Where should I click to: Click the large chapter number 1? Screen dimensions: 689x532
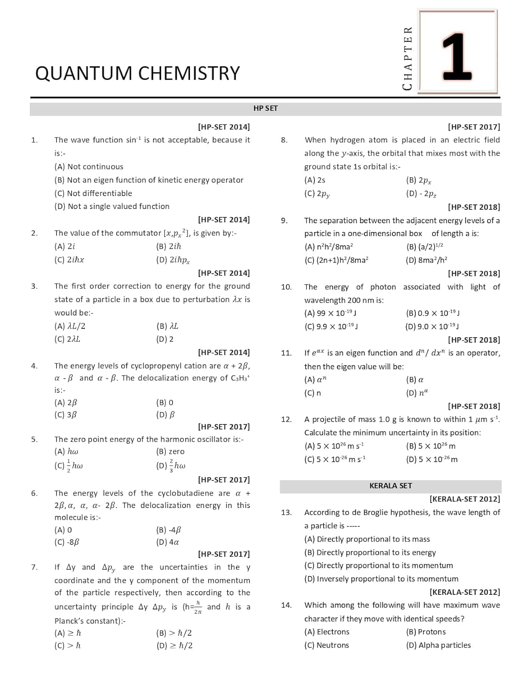coord(457,56)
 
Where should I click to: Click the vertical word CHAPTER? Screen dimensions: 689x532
coord(407,58)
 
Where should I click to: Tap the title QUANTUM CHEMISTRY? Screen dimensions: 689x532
coord(137,73)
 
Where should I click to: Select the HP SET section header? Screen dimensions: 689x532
coord(265,108)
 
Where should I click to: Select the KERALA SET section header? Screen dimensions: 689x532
coord(390,486)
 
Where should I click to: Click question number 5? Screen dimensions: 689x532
coord(34,440)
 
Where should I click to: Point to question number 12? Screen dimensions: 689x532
coord(286,419)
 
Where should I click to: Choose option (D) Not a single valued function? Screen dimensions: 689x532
coord(112,207)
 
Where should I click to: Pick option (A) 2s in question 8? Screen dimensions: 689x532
coord(315,180)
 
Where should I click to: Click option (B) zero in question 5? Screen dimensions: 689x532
coord(170,452)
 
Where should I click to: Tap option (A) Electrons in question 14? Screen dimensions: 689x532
coord(327,632)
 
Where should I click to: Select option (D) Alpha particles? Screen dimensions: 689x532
coord(438,645)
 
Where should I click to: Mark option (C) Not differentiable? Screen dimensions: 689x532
coord(93,193)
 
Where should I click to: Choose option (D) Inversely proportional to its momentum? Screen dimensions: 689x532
coord(381,579)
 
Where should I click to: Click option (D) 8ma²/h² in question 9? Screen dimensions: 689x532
coord(426,260)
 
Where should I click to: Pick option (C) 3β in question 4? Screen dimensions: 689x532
coord(66,415)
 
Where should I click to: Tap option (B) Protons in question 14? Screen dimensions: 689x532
coord(426,632)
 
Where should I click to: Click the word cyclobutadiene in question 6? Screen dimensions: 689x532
coord(185,493)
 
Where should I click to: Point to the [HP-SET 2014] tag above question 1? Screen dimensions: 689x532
coord(224,127)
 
